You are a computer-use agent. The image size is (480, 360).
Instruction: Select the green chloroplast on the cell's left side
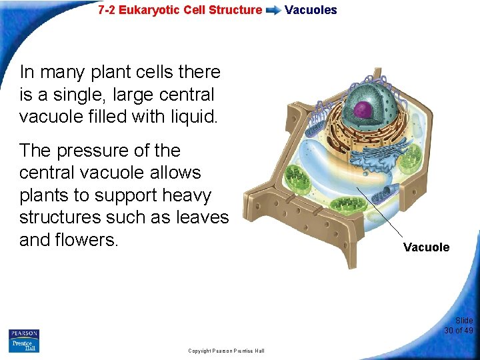[x=297, y=179]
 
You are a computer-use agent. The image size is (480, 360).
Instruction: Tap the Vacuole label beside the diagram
[x=426, y=247]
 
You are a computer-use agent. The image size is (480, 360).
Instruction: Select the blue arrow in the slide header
[x=273, y=11]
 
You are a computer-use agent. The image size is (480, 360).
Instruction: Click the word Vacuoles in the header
[x=311, y=10]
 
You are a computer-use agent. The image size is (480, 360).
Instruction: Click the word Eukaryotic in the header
[x=146, y=10]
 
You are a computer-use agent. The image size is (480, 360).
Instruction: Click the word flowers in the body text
[x=89, y=240]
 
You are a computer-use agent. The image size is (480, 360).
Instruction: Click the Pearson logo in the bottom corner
[x=24, y=333]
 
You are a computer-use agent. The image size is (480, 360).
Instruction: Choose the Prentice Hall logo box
[x=24, y=345]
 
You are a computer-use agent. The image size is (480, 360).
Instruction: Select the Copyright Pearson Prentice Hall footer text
[x=226, y=351]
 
